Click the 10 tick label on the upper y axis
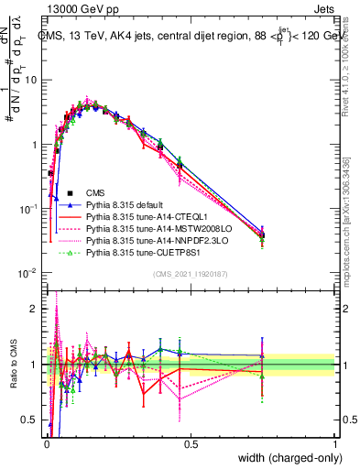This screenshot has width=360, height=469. coord(32,80)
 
